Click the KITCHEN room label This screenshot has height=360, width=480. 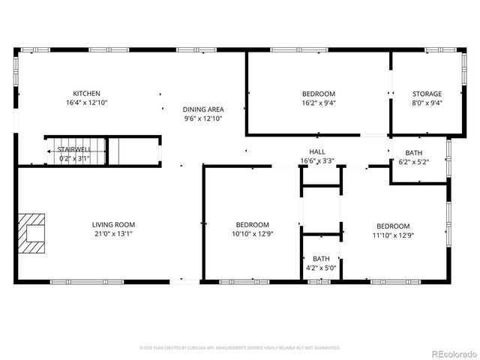click(86, 94)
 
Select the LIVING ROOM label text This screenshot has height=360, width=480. click(113, 224)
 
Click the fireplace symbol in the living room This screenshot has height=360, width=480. click(32, 230)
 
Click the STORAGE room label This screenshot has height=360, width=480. click(426, 94)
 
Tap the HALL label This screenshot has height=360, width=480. click(317, 151)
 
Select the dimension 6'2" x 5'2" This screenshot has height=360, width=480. click(413, 161)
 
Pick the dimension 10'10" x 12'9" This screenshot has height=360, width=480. click(252, 235)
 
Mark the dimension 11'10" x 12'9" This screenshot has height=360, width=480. click(393, 235)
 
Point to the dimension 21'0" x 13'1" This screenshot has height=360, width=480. click(113, 233)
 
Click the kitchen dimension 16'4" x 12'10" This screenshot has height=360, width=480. click(86, 103)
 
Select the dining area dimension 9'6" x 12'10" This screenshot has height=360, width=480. click(203, 118)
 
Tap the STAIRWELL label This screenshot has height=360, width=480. click(74, 149)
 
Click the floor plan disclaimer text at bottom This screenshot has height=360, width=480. click(240, 348)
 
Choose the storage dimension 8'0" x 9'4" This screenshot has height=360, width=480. click(426, 103)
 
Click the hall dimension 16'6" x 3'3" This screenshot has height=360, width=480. click(317, 160)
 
